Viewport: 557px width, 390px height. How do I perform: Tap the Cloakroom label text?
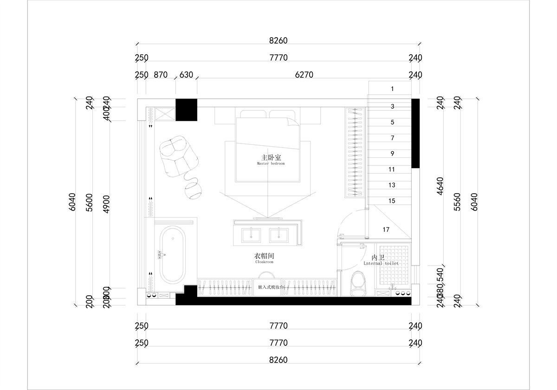(x=264, y=258)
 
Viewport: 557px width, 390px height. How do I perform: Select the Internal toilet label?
(x=378, y=260)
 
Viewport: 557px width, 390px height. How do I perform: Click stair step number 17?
(x=386, y=229)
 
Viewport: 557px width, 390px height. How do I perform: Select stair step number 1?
(x=392, y=88)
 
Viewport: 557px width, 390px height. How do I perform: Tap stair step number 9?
(x=392, y=154)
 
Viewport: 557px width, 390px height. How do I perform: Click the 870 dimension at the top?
(x=160, y=75)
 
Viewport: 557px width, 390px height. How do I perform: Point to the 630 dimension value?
(x=186, y=75)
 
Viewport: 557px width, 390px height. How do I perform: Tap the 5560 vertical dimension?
(x=457, y=202)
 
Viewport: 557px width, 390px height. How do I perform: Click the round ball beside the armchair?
(x=193, y=189)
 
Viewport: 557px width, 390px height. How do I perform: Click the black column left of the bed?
(x=186, y=110)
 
